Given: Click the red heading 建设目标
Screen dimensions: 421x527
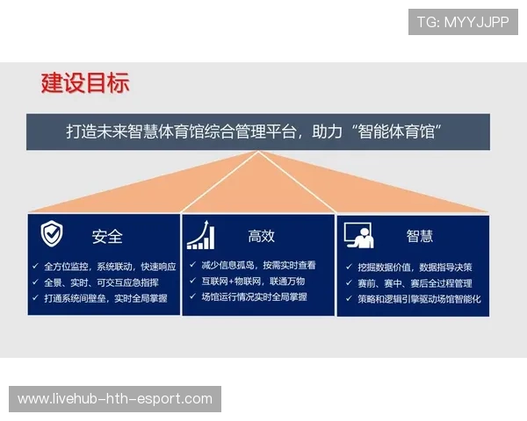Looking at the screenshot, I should (x=85, y=82).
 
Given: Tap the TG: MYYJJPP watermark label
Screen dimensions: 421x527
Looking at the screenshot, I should (x=463, y=22).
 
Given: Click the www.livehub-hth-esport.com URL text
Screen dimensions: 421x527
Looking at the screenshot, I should (x=115, y=399).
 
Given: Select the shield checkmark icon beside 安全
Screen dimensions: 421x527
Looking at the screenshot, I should (x=52, y=234).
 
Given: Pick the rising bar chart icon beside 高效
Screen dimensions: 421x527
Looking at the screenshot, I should (x=200, y=234).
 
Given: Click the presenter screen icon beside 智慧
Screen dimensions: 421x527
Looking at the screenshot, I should (x=358, y=234).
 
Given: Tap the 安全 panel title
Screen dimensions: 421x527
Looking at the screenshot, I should (x=107, y=236).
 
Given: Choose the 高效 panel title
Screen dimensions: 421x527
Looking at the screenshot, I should (x=261, y=236).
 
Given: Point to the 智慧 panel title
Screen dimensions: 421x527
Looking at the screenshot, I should (x=419, y=236).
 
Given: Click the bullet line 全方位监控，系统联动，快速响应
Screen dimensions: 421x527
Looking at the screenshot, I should (x=110, y=266).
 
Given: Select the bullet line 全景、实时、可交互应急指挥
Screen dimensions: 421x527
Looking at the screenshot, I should (x=101, y=282).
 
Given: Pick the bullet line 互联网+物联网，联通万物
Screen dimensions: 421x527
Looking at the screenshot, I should (x=253, y=281).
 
